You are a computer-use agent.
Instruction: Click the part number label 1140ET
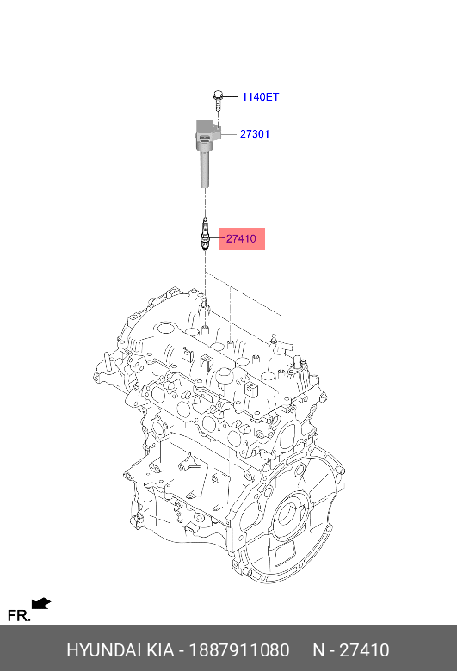click(x=260, y=97)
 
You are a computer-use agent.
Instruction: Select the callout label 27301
click(x=255, y=134)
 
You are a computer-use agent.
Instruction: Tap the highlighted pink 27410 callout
click(x=241, y=238)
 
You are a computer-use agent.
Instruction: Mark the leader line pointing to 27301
click(x=229, y=134)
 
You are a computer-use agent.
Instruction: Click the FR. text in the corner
click(x=18, y=616)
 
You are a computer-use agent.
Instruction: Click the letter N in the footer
click(x=318, y=650)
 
